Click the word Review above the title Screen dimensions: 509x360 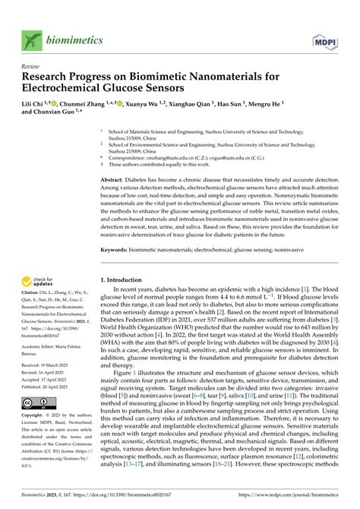pyautogui.click(x=31, y=66)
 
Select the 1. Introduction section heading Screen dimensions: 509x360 pyautogui.click(x=131, y=280)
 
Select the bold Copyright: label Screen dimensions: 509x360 pyautogui.click(x=39, y=416)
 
